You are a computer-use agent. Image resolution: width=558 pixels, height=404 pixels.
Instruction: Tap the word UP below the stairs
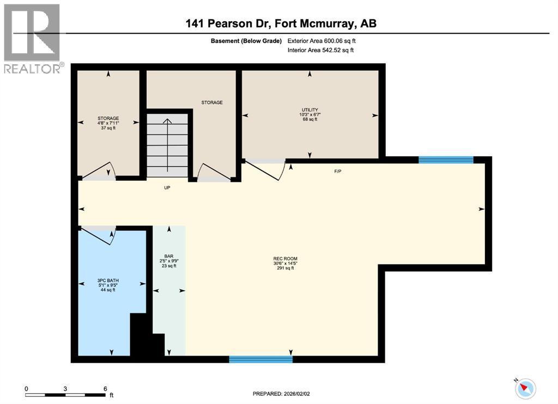(x=168, y=187)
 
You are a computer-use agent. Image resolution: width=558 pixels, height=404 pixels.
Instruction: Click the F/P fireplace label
(x=338, y=172)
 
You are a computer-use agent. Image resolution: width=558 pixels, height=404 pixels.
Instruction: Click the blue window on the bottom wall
(x=260, y=359)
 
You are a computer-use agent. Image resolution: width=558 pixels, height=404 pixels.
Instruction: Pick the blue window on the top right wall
(x=446, y=160)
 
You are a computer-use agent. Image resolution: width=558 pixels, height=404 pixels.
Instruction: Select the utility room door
(x=265, y=169)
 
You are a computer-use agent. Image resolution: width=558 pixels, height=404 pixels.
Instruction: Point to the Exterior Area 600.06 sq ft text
(x=322, y=40)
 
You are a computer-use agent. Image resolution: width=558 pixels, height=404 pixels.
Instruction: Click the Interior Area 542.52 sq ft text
(x=320, y=50)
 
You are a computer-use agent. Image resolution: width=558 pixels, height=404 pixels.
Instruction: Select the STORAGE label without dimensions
(x=212, y=102)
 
